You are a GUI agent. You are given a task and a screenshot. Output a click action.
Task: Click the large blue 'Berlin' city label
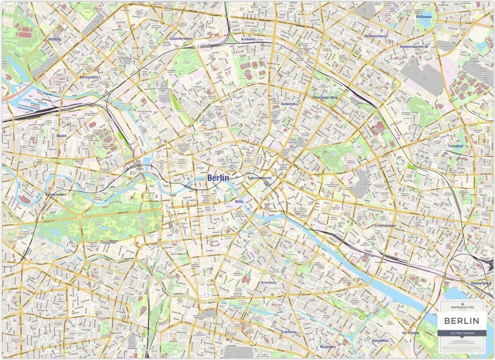[x=218, y=178]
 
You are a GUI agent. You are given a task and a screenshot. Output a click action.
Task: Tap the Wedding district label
[x=54, y=39]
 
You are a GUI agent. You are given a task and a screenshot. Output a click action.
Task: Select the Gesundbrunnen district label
[x=181, y=39]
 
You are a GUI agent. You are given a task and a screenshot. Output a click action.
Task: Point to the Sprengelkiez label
[x=89, y=77]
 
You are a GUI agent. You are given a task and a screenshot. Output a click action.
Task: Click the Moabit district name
[x=62, y=136]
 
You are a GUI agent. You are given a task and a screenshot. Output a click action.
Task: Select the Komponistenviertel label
[x=414, y=46]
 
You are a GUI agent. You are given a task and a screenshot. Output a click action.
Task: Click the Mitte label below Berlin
[x=238, y=202]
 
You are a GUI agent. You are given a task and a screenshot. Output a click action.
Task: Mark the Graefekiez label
[x=288, y=332]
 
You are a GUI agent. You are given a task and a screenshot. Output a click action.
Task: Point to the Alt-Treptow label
[x=410, y=333]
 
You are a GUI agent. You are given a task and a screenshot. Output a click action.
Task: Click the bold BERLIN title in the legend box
[x=462, y=321]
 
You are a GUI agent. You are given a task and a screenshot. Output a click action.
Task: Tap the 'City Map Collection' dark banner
[x=462, y=332]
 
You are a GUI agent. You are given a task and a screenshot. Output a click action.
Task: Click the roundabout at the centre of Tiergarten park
[x=79, y=217]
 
